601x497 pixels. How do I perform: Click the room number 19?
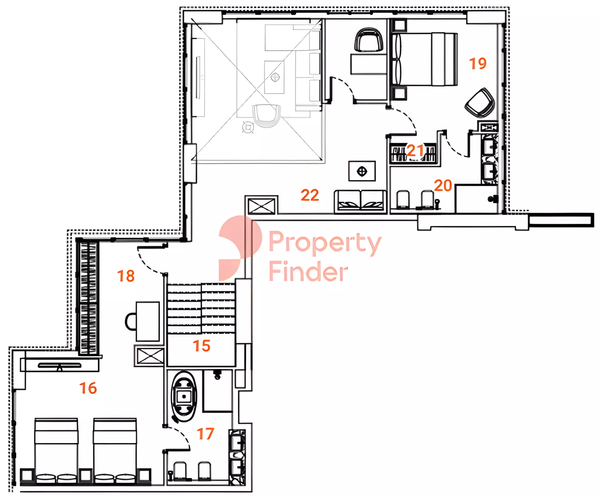(x=478, y=63)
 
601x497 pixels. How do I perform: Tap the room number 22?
(x=310, y=195)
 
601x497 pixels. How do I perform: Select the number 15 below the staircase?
(x=202, y=346)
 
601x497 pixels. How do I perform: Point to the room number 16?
(x=88, y=388)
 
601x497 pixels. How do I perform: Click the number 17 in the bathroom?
(x=205, y=434)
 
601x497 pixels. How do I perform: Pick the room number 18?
(x=126, y=276)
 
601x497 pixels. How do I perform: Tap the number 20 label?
(x=443, y=186)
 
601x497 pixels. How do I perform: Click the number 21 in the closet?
(x=415, y=150)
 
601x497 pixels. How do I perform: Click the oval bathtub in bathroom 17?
(x=184, y=396)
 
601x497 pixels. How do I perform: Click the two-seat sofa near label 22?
(x=360, y=201)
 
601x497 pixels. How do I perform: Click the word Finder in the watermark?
(x=309, y=271)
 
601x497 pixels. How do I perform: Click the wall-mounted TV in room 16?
(x=60, y=365)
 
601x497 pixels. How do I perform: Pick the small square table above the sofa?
(x=362, y=171)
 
